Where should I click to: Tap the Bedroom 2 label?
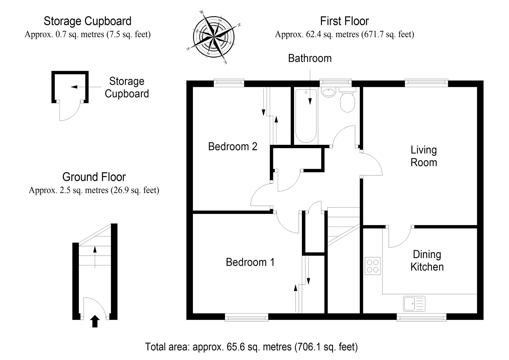tap(233, 146)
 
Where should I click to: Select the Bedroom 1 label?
tap(250, 262)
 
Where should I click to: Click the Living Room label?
tap(423, 156)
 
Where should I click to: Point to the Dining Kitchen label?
tap(427, 260)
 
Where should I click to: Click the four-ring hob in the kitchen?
tap(373, 266)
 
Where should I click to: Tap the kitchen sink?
tap(414, 303)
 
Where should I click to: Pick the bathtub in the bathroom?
tap(306, 116)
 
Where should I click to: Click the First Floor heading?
tap(344, 21)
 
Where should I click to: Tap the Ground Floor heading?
tap(94, 177)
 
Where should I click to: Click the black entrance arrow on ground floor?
tap(95, 321)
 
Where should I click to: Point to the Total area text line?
tap(251, 346)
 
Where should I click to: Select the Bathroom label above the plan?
tap(310, 58)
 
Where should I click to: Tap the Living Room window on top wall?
tap(426, 83)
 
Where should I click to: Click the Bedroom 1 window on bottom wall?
tap(247, 317)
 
